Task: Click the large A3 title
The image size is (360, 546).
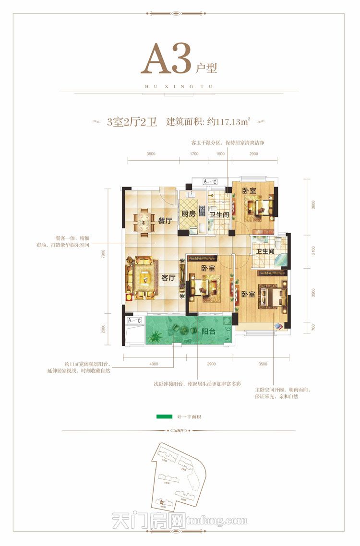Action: point(166,59)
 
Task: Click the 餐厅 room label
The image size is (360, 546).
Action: point(165,221)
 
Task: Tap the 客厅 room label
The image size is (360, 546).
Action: point(168,277)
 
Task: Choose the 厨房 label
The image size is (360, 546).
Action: point(188,214)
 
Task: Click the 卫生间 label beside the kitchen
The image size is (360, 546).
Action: point(219,214)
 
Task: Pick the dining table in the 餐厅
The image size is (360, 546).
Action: point(144,222)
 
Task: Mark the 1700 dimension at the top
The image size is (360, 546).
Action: point(194,154)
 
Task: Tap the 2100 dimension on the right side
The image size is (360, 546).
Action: point(312,250)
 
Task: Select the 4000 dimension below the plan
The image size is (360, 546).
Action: point(154,364)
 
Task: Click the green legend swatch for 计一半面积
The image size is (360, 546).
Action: point(164,416)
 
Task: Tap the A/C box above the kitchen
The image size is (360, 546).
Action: point(209,181)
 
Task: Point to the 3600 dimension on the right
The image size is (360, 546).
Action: point(312,204)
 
